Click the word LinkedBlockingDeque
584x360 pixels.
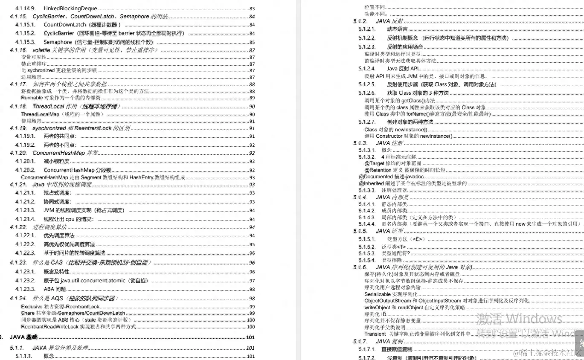coord(70,9)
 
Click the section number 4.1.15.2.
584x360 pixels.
coord(25,33)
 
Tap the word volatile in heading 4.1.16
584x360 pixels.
coord(41,50)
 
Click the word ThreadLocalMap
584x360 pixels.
coord(40,114)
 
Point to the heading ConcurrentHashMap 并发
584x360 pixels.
coord(65,153)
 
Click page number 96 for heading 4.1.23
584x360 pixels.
coord(252,263)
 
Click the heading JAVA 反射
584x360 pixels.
coord(389,21)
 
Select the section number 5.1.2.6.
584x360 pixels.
coord(367,93)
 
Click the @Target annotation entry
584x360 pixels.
coord(375,163)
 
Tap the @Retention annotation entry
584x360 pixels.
coord(378,170)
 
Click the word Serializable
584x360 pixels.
coord(377,294)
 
